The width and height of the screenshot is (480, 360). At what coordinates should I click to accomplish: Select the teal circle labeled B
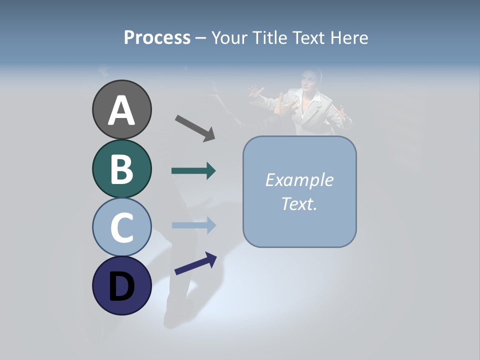click(121, 168)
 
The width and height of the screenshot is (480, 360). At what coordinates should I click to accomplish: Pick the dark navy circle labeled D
click(121, 285)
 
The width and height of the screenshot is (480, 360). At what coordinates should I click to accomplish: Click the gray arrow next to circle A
click(195, 127)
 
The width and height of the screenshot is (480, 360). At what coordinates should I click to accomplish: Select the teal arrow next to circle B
click(193, 171)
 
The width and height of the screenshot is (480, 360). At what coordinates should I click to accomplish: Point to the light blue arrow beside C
click(193, 225)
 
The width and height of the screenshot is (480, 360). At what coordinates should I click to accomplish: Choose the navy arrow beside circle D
click(195, 263)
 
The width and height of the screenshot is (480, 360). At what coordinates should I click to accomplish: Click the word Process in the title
click(157, 37)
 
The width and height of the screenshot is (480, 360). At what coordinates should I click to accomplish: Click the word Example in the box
click(299, 180)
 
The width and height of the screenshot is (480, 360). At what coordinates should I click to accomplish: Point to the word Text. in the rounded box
click(299, 203)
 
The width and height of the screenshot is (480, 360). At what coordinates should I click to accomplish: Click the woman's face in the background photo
click(310, 80)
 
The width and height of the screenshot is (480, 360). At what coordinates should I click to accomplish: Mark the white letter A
click(121, 110)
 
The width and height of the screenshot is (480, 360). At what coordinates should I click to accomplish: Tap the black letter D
click(121, 286)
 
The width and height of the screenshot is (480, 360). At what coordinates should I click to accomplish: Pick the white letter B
click(121, 169)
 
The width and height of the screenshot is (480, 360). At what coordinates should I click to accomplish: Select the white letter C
click(121, 227)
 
